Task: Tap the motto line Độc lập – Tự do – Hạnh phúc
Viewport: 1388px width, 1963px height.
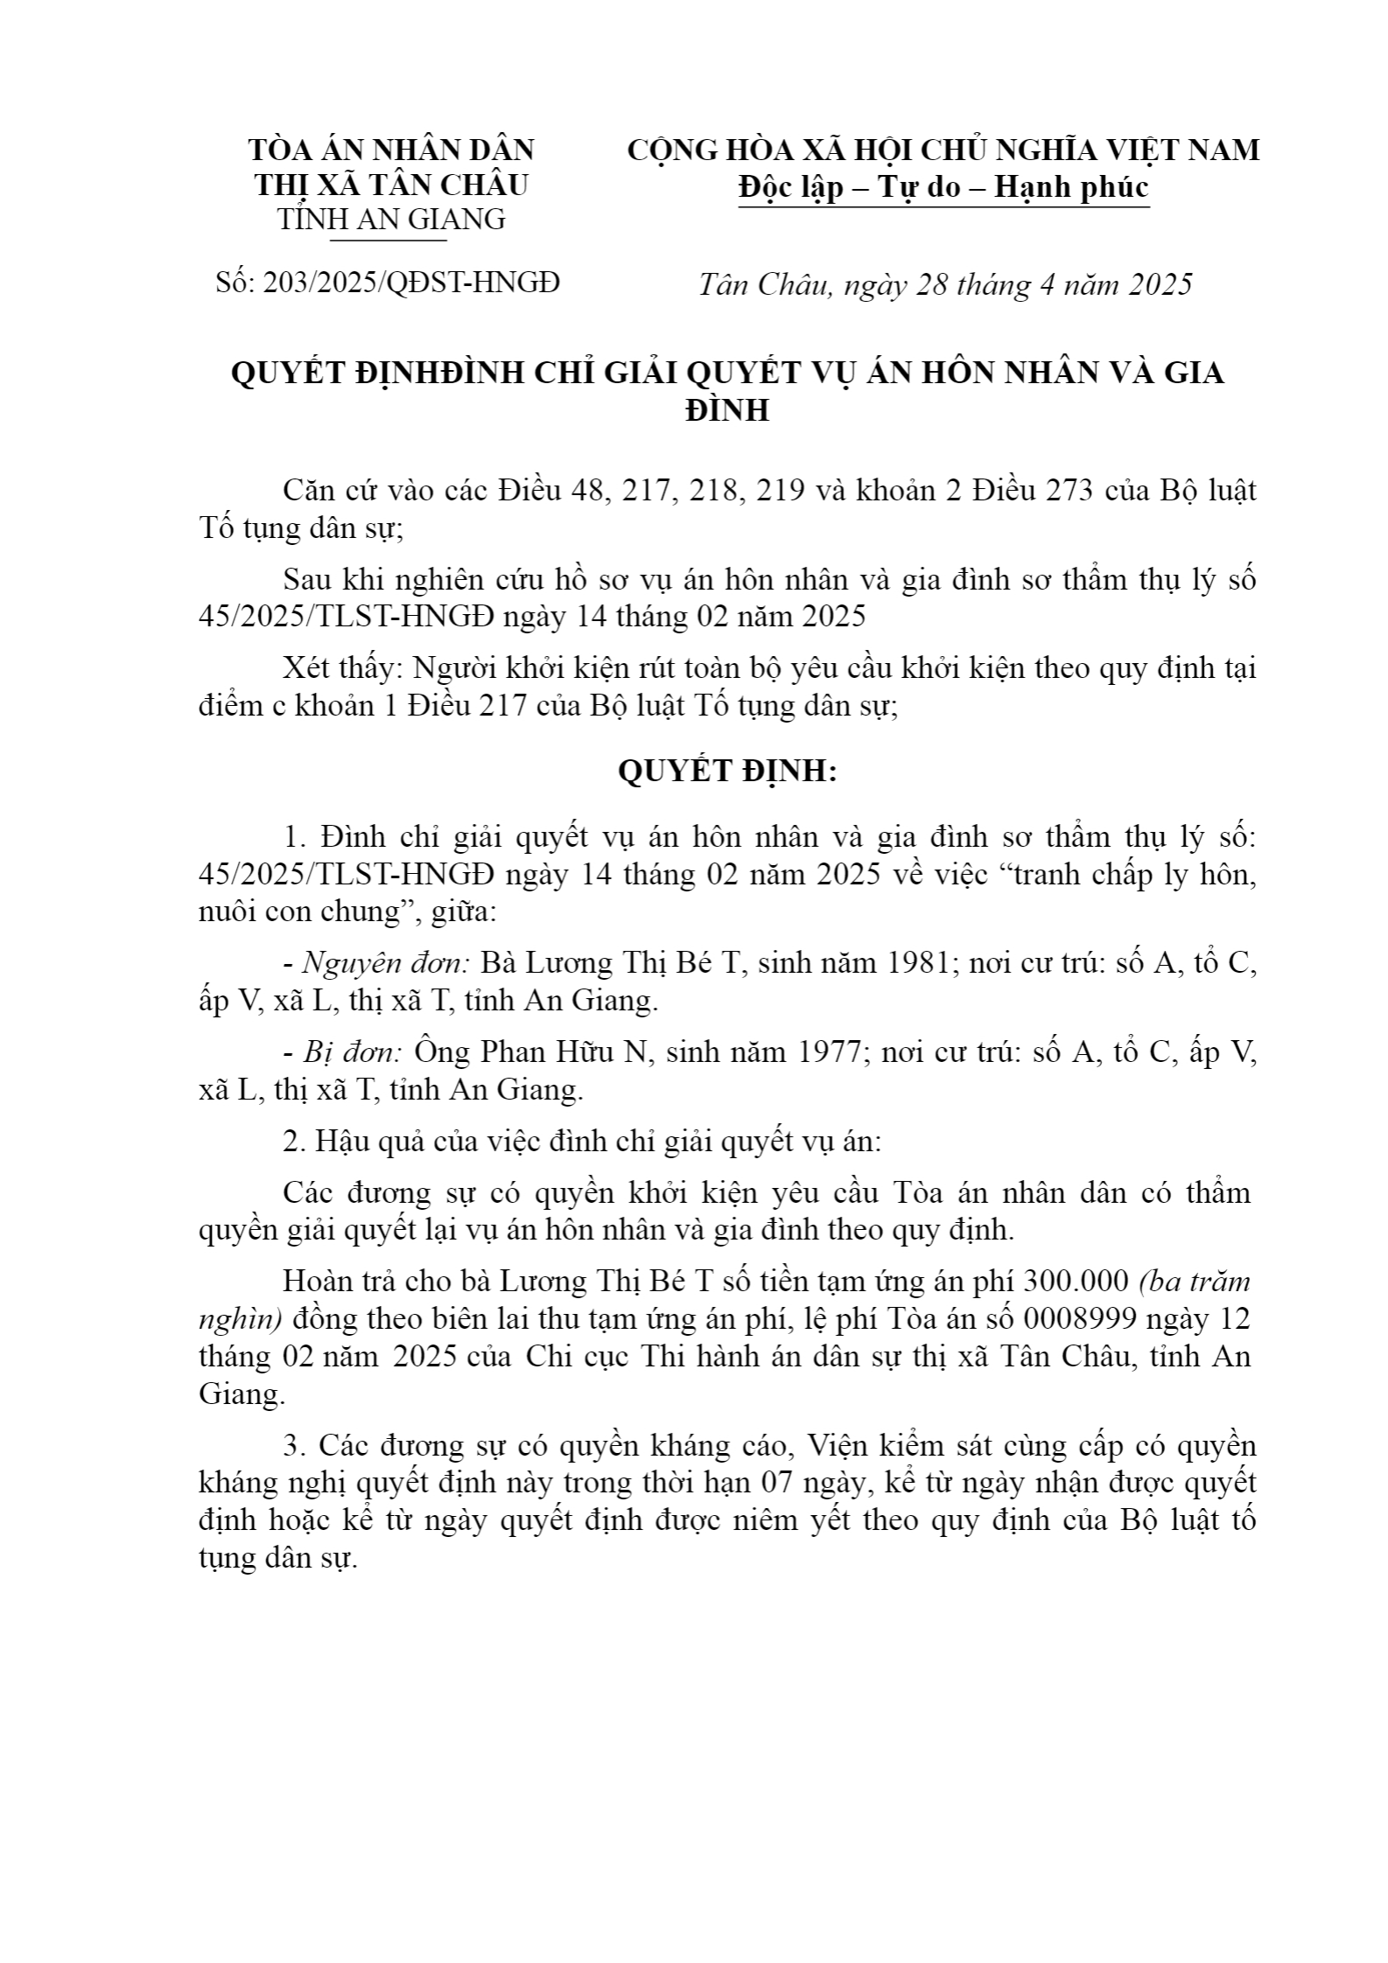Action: [943, 187]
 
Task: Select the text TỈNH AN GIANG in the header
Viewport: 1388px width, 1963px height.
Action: [391, 219]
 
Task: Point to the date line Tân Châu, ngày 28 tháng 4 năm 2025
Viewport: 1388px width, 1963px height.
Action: [945, 285]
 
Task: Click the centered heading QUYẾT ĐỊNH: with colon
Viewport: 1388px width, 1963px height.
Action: [727, 772]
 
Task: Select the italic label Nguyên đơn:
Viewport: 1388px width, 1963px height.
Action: [386, 963]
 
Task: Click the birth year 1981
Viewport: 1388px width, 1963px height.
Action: [918, 963]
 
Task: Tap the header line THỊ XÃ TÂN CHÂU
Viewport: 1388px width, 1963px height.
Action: [391, 185]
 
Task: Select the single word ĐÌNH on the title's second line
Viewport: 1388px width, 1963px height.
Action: [727, 410]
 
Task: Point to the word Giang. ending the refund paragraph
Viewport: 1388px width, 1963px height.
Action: [242, 1394]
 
